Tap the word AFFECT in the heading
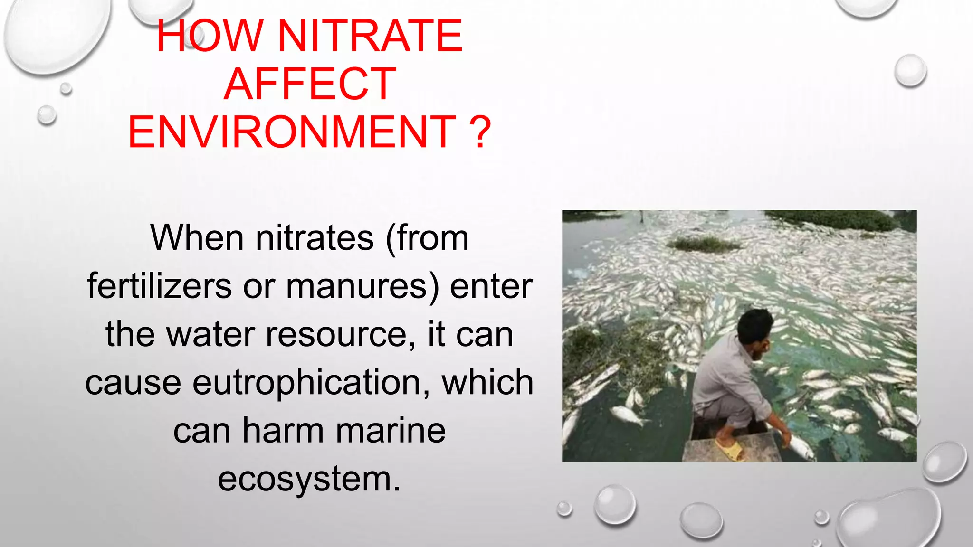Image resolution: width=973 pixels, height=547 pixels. point(310,84)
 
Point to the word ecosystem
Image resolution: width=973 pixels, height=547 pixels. point(309,479)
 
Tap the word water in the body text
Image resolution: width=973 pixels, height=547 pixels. point(210,334)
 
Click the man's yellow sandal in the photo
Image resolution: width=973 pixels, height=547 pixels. point(730,449)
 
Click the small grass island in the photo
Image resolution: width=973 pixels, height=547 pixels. point(703,244)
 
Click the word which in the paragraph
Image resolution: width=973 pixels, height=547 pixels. point(487,383)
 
